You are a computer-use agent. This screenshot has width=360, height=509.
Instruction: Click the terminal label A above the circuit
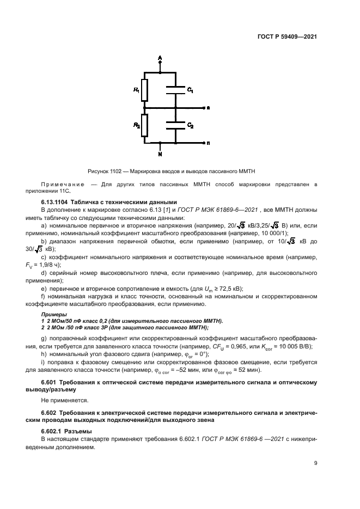tap(160, 57)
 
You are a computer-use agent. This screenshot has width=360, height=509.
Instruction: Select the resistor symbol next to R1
tap(144, 90)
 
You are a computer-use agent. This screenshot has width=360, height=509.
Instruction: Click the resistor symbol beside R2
tap(144, 124)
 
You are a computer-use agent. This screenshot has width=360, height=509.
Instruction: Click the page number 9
tap(315, 463)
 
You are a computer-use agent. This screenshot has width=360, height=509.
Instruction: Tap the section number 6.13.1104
tap(59, 201)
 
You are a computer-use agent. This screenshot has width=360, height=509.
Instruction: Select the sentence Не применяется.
tap(62, 400)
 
